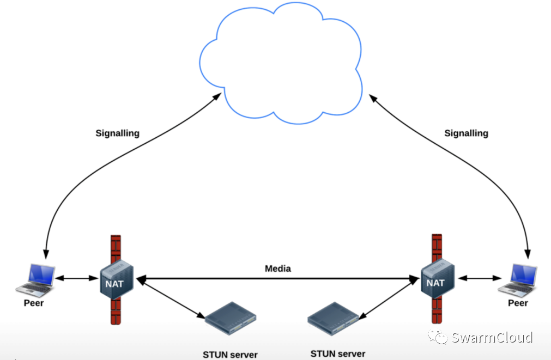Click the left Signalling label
click(x=118, y=133)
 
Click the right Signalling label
click(x=466, y=133)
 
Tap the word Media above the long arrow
click(x=278, y=269)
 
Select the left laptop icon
click(x=37, y=278)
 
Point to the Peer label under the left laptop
click(x=34, y=302)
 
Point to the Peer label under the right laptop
click(x=518, y=303)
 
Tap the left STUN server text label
click(x=230, y=355)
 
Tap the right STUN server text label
click(x=338, y=353)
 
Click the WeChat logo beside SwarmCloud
click(x=439, y=337)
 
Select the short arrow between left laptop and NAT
click(x=76, y=278)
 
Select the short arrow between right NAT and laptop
click(x=480, y=278)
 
